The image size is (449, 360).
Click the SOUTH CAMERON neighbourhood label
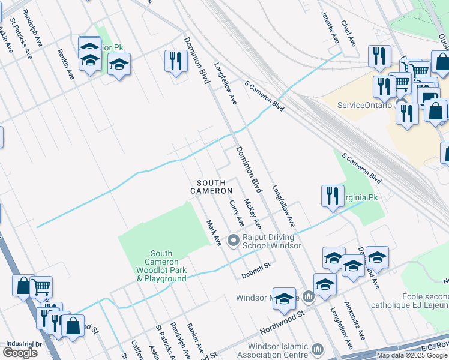211,187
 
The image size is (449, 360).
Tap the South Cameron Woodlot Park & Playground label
161,266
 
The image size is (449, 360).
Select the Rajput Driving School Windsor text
271,241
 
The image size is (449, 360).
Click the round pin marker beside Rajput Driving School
234,241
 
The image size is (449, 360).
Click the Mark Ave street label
214,232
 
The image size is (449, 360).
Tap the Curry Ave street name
237,214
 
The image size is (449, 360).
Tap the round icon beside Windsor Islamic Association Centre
318,349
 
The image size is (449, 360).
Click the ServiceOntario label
364,105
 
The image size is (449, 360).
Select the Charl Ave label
348,34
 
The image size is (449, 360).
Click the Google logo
20,353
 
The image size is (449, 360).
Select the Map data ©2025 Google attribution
412,355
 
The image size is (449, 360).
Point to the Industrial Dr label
23,344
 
